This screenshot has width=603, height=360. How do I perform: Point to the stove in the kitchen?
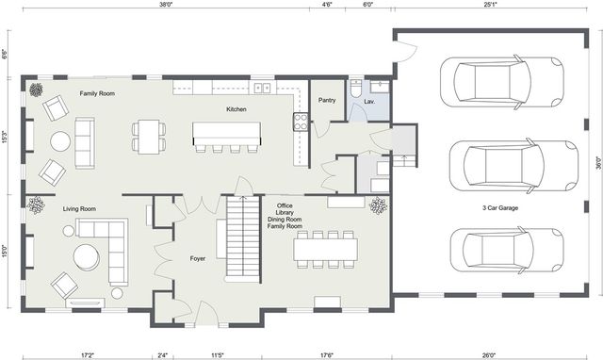pos(301,121)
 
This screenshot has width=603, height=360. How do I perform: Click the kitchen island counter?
pos(226,133)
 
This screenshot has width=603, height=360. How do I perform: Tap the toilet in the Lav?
pos(356,91)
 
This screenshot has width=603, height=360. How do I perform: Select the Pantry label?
pos(328,100)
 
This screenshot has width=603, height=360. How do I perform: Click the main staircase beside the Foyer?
pos(242,238)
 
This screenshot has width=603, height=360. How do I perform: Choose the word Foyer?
pos(197,257)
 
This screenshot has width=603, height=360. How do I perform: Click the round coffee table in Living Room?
pos(86,255)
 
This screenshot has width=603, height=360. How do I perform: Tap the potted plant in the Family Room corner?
pos(36,90)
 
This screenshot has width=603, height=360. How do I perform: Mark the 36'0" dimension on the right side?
pos(597,161)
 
